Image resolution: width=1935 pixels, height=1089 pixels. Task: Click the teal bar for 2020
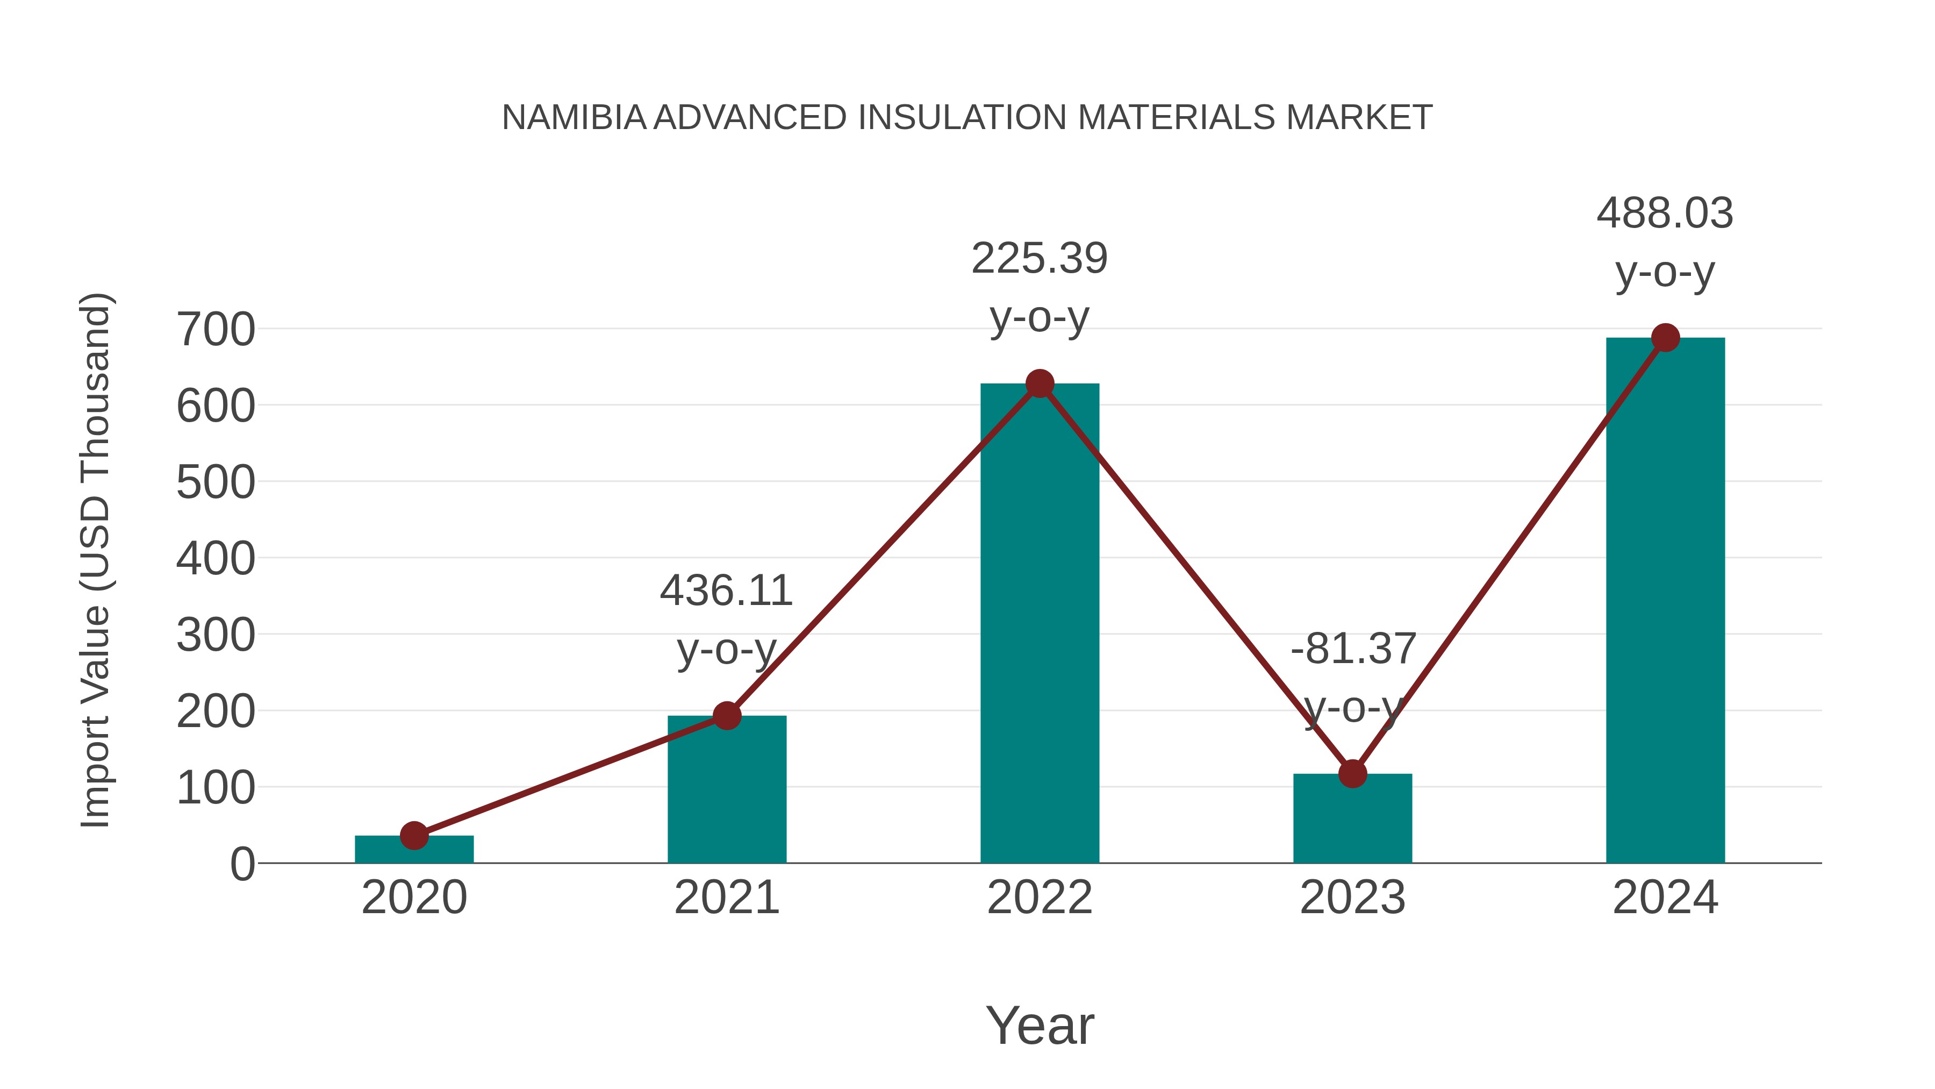pyautogui.click(x=414, y=850)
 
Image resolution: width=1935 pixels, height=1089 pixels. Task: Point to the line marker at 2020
pyautogui.click(x=414, y=835)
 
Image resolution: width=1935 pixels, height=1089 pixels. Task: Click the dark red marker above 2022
pyautogui.click(x=1040, y=384)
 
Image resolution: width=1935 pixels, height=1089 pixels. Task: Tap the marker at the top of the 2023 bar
pyautogui.click(x=1352, y=773)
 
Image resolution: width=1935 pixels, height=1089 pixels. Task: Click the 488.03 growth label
pyautogui.click(x=1665, y=213)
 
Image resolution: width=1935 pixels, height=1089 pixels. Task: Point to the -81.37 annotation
pyautogui.click(x=1353, y=649)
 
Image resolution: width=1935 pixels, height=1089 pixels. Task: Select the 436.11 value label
pyautogui.click(x=726, y=590)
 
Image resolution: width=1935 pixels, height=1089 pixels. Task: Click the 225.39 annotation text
pyautogui.click(x=1040, y=259)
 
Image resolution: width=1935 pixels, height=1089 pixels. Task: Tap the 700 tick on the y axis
pyautogui.click(x=216, y=330)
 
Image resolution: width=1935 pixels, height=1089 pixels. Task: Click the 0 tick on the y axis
pyautogui.click(x=242, y=864)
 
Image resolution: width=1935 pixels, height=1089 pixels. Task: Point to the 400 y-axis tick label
pyautogui.click(x=216, y=559)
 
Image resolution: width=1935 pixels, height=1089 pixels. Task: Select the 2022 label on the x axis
pyautogui.click(x=1040, y=898)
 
